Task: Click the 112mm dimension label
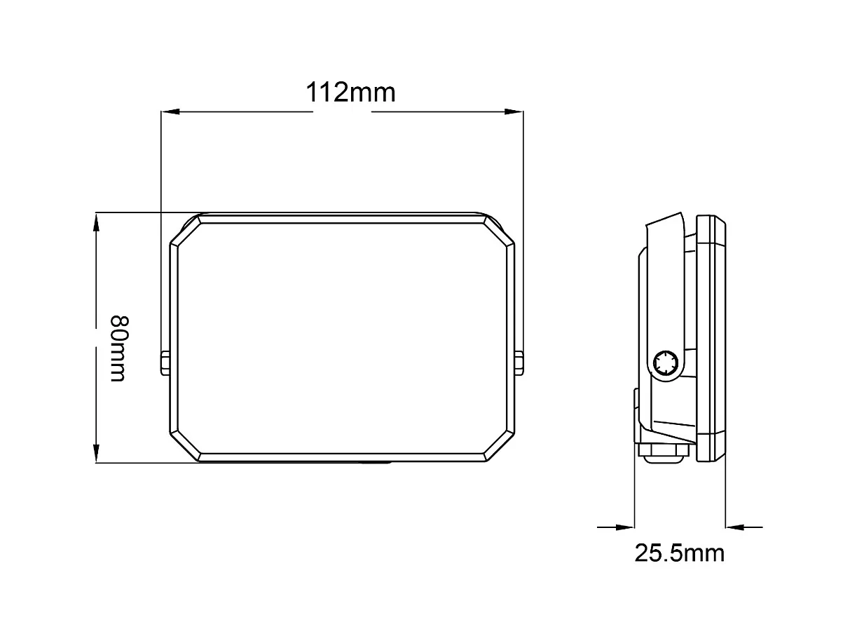350,92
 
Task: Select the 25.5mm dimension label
679,553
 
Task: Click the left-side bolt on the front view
165,363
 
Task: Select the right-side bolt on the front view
519,363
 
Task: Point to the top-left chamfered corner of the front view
185,231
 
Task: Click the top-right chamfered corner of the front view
499,231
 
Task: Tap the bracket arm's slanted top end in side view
663,223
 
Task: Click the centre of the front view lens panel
342,337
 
